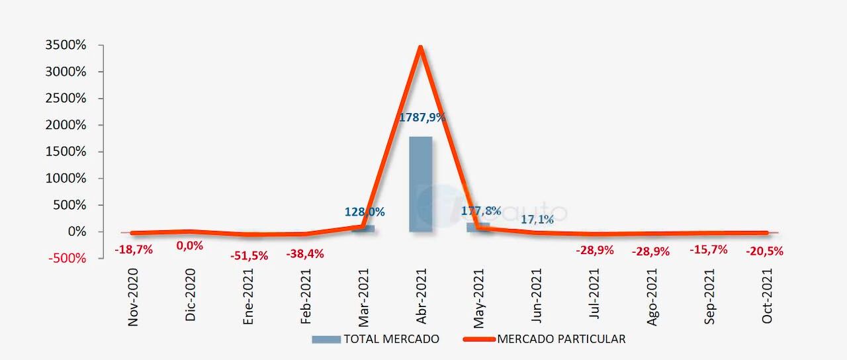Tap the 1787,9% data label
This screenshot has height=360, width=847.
click(x=422, y=118)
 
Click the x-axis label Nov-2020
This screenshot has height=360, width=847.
click(x=133, y=297)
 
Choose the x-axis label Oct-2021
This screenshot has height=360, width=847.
click(x=768, y=297)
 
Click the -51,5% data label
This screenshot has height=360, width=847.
click(x=249, y=255)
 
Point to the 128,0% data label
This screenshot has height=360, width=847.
click(x=365, y=212)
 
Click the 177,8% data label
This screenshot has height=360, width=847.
click(x=481, y=211)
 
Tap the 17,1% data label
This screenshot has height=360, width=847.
click(x=537, y=219)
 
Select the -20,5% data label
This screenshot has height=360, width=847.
click(x=765, y=251)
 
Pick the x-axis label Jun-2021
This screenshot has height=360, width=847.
click(x=537, y=297)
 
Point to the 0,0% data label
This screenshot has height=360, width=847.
click(x=189, y=246)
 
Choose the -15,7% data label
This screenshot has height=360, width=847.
click(x=709, y=249)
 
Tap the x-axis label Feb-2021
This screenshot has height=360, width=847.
click(x=306, y=297)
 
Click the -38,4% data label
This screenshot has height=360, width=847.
click(x=305, y=253)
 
